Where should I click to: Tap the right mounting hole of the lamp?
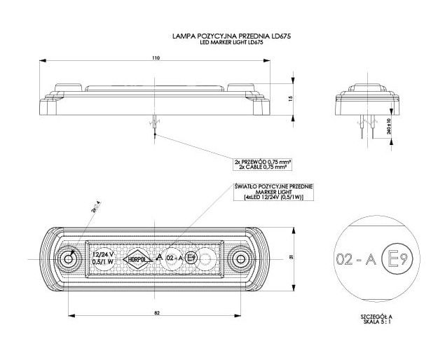240,258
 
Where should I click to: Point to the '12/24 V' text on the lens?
102,254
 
